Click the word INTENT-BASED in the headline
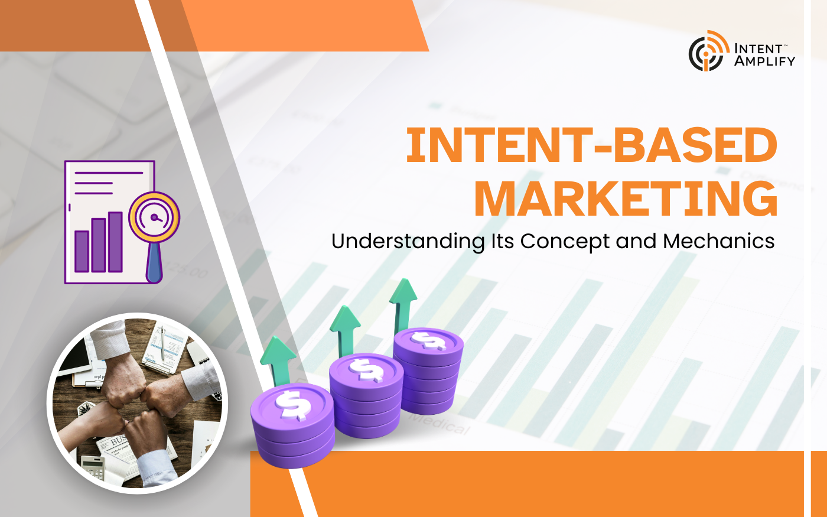coord(591,145)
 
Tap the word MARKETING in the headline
coord(626,199)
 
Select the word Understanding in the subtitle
coord(408,242)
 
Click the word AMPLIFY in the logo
coord(764,60)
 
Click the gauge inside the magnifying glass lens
coord(155,217)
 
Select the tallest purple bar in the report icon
coord(115,242)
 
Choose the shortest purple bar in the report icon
coord(82,251)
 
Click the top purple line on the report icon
coord(109,173)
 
